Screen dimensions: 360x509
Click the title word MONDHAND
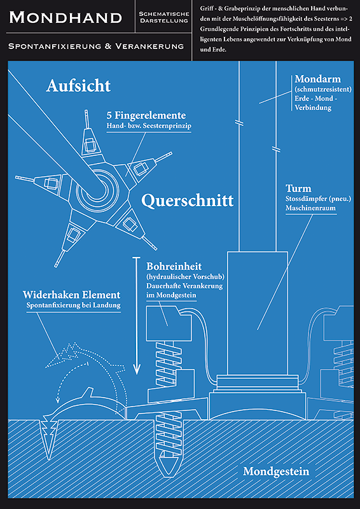(x=66, y=17)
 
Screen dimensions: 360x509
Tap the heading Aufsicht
(x=78, y=86)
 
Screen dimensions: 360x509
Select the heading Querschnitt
(x=187, y=200)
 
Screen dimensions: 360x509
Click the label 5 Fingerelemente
(x=146, y=116)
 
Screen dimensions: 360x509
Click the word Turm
(x=299, y=188)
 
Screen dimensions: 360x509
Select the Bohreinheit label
(x=174, y=267)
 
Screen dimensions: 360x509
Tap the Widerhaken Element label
(x=71, y=295)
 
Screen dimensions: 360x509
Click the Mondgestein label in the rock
(x=276, y=471)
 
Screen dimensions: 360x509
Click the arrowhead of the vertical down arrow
(x=137, y=368)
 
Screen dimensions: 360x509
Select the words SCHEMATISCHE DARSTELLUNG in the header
(x=163, y=18)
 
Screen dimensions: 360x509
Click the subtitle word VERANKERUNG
(x=149, y=46)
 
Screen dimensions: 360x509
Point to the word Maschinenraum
(x=310, y=208)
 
